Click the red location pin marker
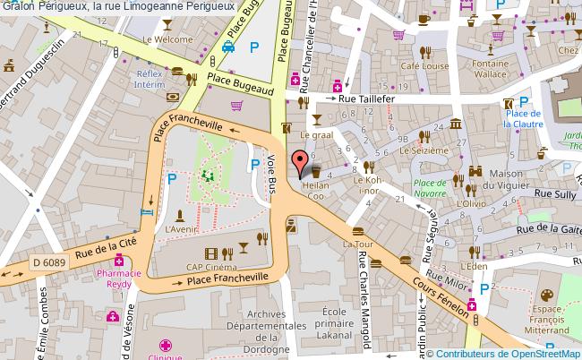298,164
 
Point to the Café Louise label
424,67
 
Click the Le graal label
316,136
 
